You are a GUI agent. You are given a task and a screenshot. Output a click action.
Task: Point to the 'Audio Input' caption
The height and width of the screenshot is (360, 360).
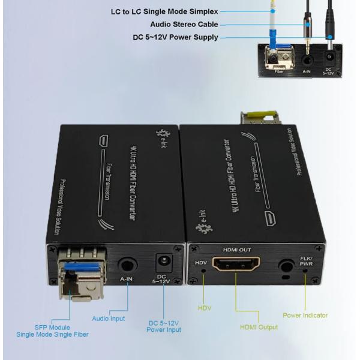click(x=108, y=319)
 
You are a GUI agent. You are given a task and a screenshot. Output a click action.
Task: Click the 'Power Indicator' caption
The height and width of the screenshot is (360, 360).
click(x=305, y=314)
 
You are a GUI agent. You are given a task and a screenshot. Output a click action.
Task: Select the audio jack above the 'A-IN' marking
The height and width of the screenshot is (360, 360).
click(x=127, y=264)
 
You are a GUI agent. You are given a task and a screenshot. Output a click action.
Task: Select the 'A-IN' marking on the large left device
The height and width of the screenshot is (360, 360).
click(x=127, y=280)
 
